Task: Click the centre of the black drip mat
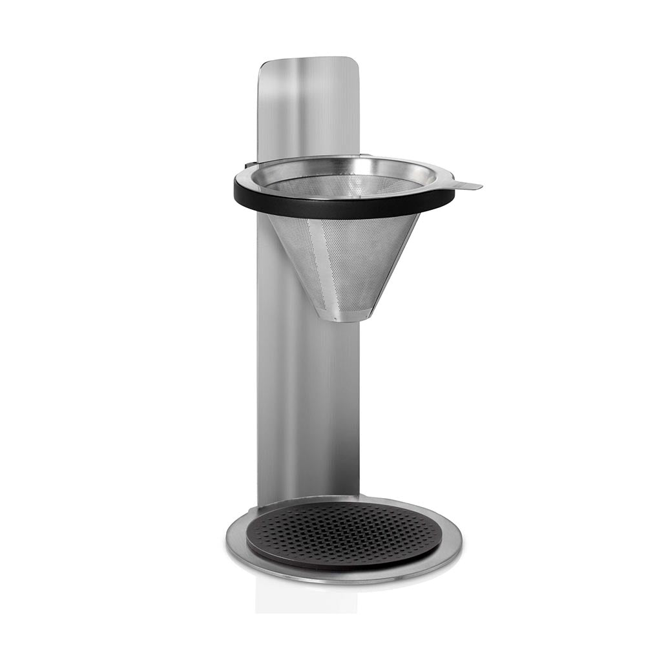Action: click(343, 535)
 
